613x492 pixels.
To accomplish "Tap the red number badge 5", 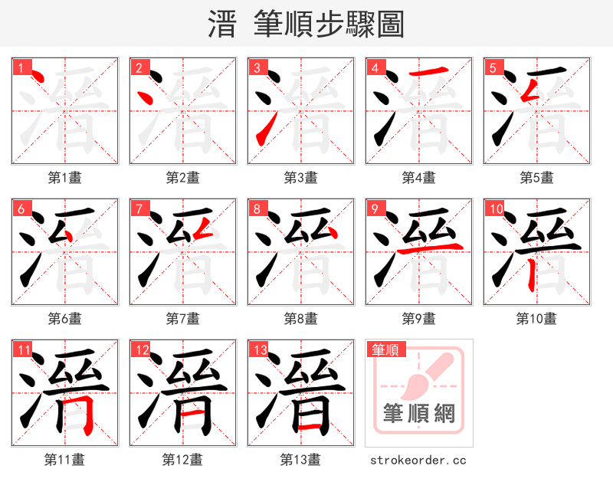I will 493,67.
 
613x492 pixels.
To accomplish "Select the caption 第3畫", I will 300,178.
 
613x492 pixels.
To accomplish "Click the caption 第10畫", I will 536,318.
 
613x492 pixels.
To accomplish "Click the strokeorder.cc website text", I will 418,461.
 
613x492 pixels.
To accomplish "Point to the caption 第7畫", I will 182,318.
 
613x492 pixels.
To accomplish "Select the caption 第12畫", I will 182,460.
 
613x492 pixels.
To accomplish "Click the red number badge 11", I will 23,350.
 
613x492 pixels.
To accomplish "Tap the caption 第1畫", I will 64,178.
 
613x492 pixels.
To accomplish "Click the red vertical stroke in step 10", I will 530,272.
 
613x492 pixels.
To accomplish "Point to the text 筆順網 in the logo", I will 418,414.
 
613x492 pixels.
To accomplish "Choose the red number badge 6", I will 21,208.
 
